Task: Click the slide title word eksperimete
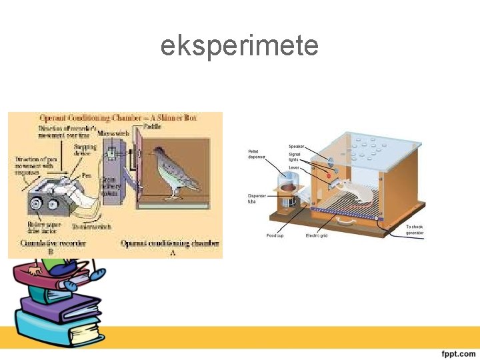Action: click(239, 46)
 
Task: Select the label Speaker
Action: click(297, 146)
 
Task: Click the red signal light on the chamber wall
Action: click(327, 175)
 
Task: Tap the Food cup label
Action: click(275, 235)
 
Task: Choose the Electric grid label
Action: click(316, 235)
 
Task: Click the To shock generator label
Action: click(415, 229)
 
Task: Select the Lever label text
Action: click(294, 167)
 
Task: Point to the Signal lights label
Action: click(295, 157)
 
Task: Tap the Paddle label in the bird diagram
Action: click(152, 127)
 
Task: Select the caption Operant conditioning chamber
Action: click(171, 243)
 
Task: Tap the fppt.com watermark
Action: click(457, 353)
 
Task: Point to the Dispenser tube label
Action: click(257, 199)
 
